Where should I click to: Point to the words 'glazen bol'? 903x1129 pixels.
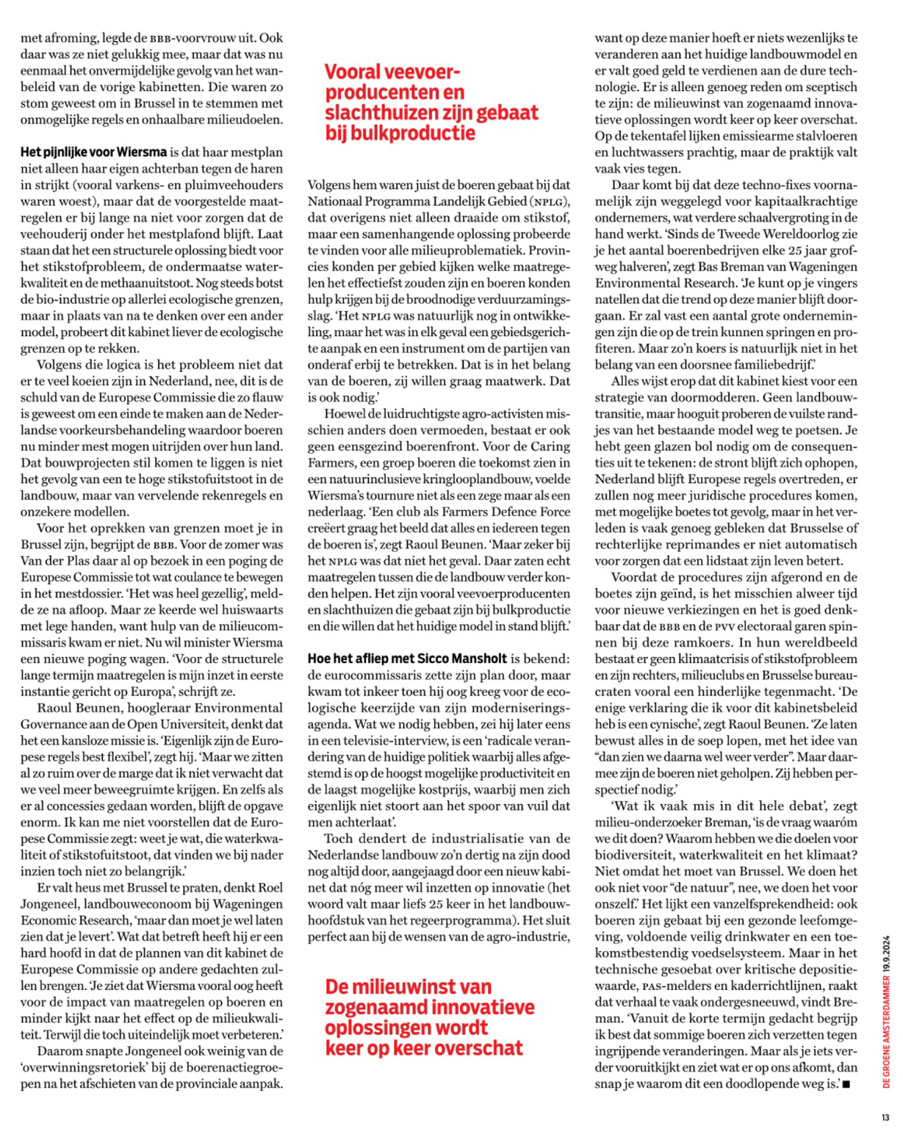coord(683,447)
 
